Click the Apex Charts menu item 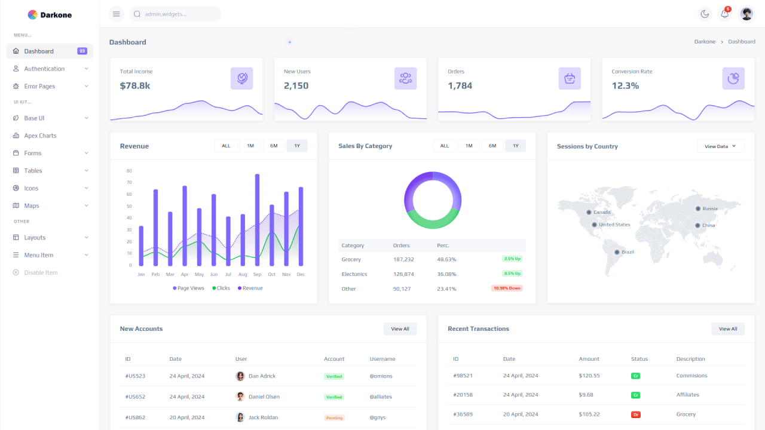pyautogui.click(x=40, y=136)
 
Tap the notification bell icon pyautogui.click(x=725, y=14)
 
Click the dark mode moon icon pyautogui.click(x=705, y=14)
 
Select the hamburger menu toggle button pyautogui.click(x=117, y=14)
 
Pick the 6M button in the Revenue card pyautogui.click(x=274, y=146)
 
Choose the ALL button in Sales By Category pyautogui.click(x=444, y=146)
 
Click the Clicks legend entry pyautogui.click(x=221, y=288)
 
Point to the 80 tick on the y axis pyautogui.click(x=129, y=171)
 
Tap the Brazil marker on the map pyautogui.click(x=617, y=252)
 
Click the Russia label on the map pyautogui.click(x=709, y=208)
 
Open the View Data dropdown pyautogui.click(x=720, y=146)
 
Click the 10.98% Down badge pyautogui.click(x=507, y=288)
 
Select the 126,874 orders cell pyautogui.click(x=403, y=274)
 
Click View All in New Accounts pyautogui.click(x=400, y=329)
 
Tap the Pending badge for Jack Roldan pyautogui.click(x=334, y=417)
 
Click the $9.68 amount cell pyautogui.click(x=586, y=395)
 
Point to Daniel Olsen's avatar pyautogui.click(x=240, y=397)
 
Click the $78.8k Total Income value pyautogui.click(x=135, y=85)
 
